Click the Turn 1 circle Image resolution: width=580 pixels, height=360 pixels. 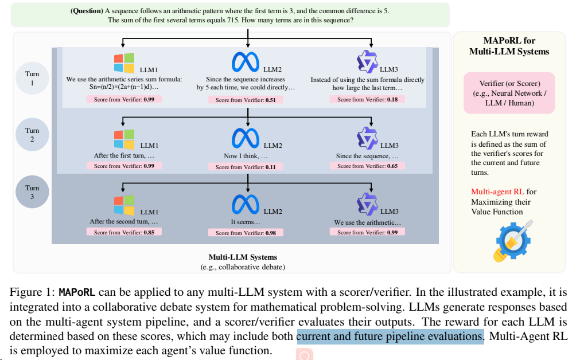pyautogui.click(x=32, y=79)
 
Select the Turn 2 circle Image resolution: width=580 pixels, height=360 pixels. pyautogui.click(x=32, y=135)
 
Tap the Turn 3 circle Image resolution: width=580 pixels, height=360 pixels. pyautogui.click(x=32, y=192)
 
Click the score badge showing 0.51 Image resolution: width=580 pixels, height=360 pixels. pyautogui.click(x=246, y=100)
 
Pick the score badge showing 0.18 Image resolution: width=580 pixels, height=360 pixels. pyautogui.click(x=368, y=99)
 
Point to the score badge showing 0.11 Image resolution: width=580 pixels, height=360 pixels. pyautogui.click(x=246, y=167)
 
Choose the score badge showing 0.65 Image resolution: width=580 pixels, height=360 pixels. pyautogui.click(x=368, y=166)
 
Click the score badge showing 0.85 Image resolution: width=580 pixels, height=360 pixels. pyautogui.click(x=124, y=232)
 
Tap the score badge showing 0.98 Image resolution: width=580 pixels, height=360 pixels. pyautogui.click(x=246, y=233)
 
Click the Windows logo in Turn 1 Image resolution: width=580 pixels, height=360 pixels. pyautogui.click(x=124, y=63)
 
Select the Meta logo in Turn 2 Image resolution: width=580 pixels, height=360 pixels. pyautogui.click(x=246, y=138)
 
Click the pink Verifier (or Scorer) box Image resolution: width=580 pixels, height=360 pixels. pyautogui.click(x=509, y=92)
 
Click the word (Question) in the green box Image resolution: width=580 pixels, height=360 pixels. pyautogui.click(x=87, y=11)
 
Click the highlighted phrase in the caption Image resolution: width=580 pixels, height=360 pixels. pyautogui.click(x=390, y=336)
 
